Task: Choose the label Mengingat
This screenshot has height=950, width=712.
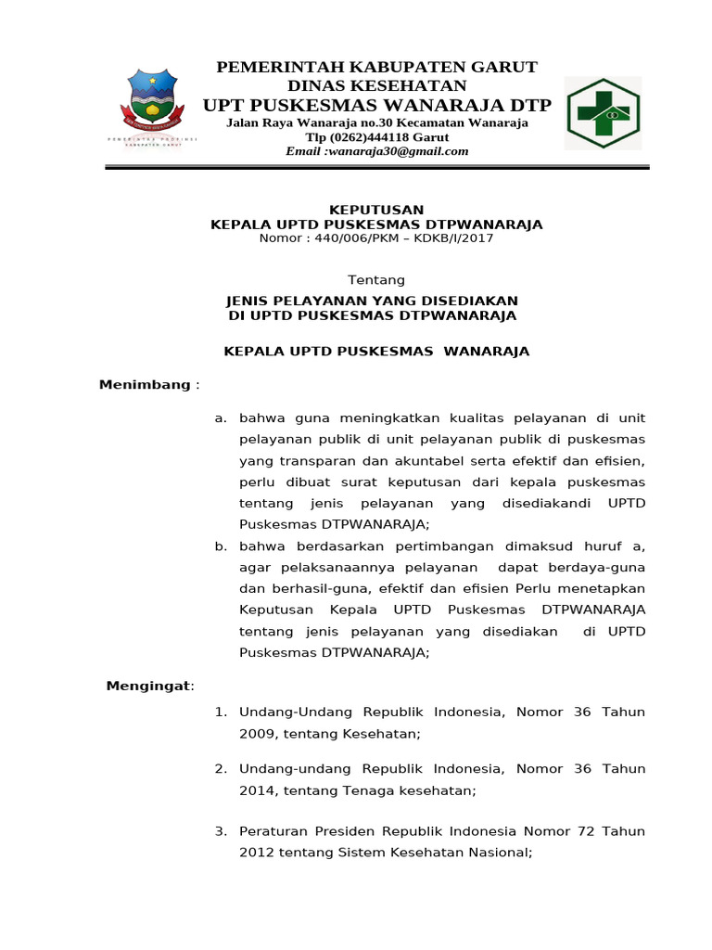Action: (x=148, y=686)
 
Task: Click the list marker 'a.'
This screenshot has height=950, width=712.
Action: (x=221, y=418)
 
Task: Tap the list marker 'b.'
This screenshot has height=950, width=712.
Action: (x=221, y=546)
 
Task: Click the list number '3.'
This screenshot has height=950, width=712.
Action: (x=221, y=832)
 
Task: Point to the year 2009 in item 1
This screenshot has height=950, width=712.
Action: (x=257, y=734)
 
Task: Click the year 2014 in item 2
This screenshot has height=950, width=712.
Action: (x=257, y=791)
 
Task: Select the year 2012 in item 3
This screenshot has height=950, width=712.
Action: (x=257, y=854)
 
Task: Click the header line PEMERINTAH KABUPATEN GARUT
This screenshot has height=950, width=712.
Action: (x=376, y=67)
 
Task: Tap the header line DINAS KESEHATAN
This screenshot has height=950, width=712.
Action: (x=376, y=85)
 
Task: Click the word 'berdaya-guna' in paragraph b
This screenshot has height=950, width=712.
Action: (x=602, y=568)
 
